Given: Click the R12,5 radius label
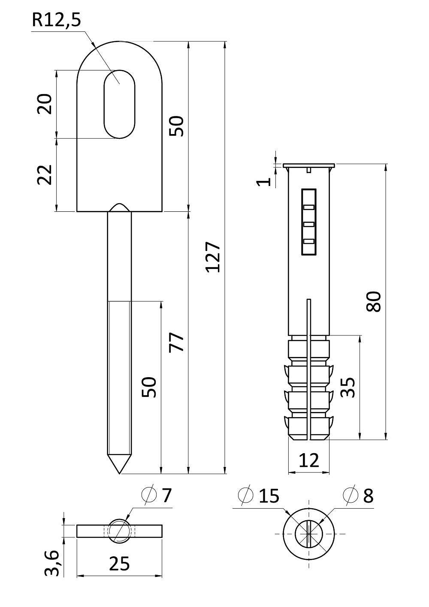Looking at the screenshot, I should click(56, 21).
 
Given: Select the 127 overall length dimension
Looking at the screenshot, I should click(213, 257).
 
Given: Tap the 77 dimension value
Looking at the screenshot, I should click(176, 342).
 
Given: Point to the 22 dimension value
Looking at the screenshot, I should click(45, 174).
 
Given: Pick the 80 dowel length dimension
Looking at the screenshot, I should click(374, 301).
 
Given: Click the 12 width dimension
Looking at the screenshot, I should click(309, 461).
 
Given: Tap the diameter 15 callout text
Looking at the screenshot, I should click(259, 496).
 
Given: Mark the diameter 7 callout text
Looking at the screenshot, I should click(158, 495).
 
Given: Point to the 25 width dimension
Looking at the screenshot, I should click(119, 564).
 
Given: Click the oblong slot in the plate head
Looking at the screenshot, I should click(119, 104).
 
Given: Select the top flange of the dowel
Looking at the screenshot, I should click(309, 165).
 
